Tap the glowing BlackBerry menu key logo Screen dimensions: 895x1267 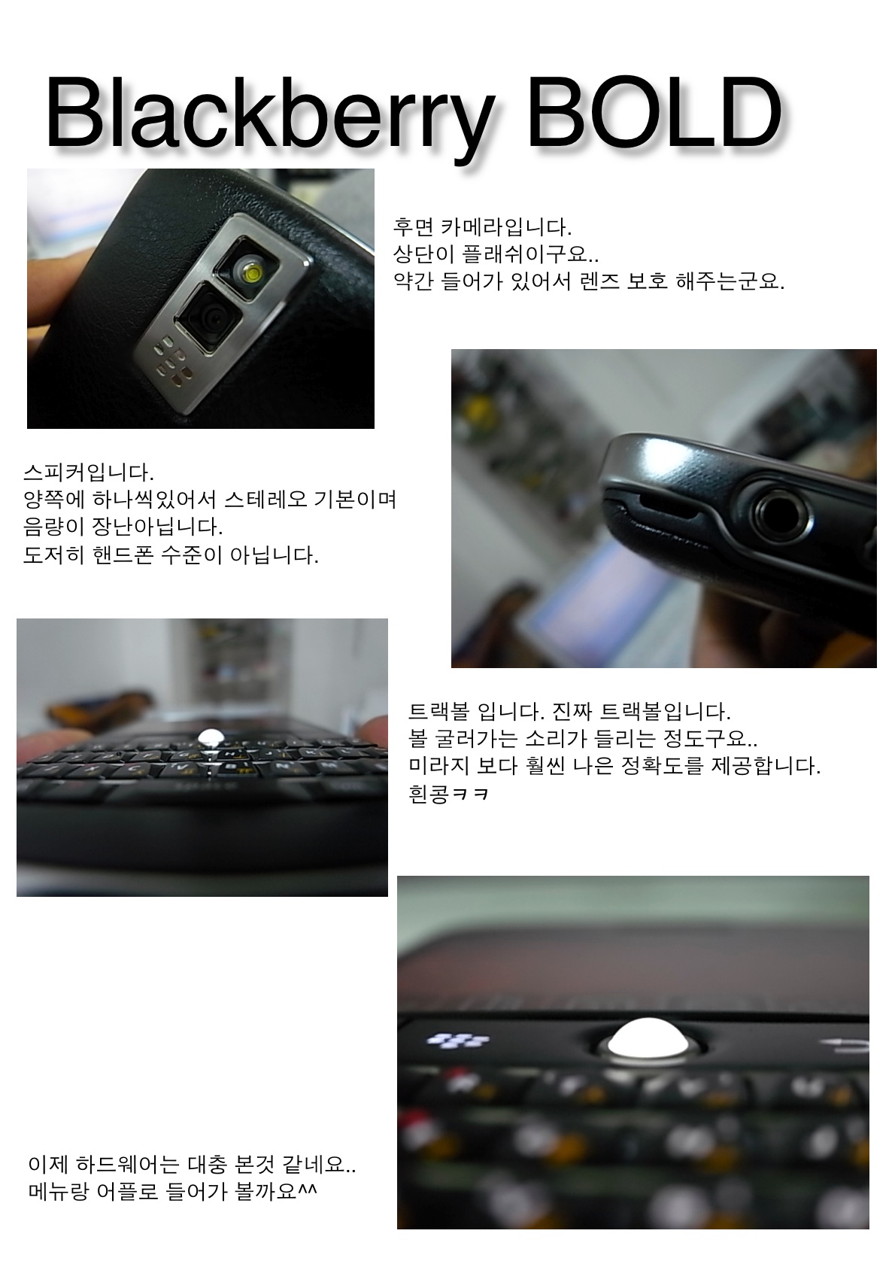[457, 1040]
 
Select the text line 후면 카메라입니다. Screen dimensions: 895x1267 [482, 227]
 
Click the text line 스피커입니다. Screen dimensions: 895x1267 [89, 472]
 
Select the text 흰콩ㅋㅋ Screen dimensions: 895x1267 [448, 795]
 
